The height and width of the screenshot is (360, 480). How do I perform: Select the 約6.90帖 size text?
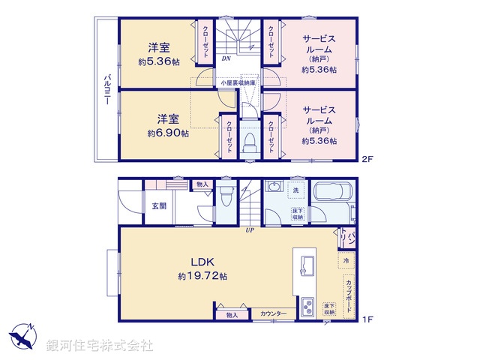pyautogui.click(x=167, y=133)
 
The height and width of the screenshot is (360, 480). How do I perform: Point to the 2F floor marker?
pyautogui.click(x=367, y=159)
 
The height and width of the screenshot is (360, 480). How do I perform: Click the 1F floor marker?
pyautogui.click(x=366, y=319)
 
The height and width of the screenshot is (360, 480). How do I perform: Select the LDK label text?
pyautogui.click(x=202, y=262)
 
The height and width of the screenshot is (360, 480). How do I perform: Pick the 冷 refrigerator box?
pyautogui.click(x=346, y=261)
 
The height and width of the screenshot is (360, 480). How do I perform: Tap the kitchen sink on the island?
pyautogui.click(x=307, y=263)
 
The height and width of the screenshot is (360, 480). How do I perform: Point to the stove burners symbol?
pyautogui.click(x=308, y=307)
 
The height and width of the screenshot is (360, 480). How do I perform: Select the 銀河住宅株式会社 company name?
pyautogui.click(x=100, y=346)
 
